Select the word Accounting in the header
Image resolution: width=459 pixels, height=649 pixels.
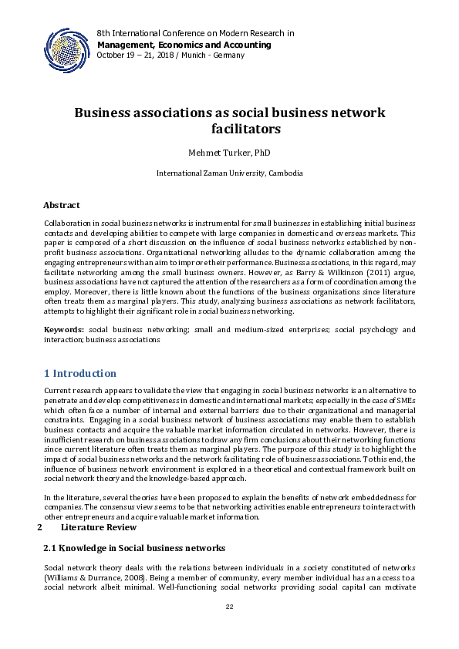click(245, 45)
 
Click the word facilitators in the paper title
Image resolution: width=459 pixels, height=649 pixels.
click(245, 129)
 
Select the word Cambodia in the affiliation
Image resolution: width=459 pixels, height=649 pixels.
click(285, 173)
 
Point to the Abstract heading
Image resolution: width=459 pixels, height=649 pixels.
click(62, 206)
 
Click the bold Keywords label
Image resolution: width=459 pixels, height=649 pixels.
click(63, 330)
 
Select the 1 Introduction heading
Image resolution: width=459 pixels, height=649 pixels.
click(80, 374)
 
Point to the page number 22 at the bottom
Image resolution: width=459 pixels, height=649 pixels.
click(229, 608)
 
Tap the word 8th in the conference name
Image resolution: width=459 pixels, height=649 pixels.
click(104, 34)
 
